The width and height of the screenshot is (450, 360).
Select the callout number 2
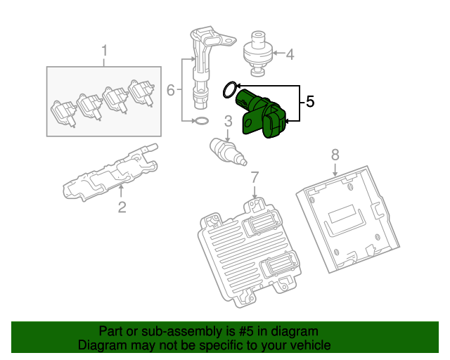coord(121,207)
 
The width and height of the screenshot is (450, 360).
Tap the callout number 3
coord(228,122)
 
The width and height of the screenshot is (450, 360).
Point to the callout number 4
coord(290,53)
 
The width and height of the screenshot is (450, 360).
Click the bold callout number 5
coord(310,101)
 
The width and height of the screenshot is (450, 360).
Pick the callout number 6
coord(170,90)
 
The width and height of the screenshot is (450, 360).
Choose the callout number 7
coord(255,176)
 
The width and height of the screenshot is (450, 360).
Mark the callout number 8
coord(335,153)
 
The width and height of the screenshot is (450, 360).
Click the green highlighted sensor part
coord(264,112)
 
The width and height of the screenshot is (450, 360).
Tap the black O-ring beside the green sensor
coord(229,89)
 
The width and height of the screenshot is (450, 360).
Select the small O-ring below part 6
coord(200,122)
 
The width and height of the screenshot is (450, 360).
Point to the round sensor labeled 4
coord(257,51)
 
